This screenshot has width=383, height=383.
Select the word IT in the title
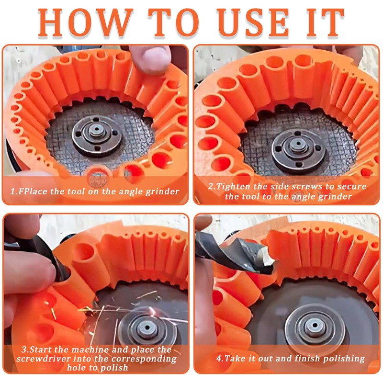324,23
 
